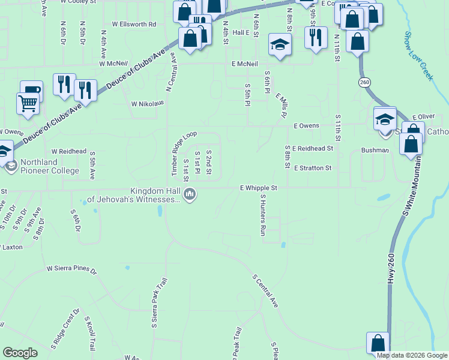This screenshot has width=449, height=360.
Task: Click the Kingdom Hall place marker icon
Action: pyautogui.click(x=190, y=194)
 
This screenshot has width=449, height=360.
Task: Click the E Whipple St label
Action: pyautogui.click(x=259, y=188)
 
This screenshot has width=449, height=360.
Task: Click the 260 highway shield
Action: pyautogui.click(x=364, y=81)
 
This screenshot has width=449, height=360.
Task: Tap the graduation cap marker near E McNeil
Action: pyautogui.click(x=279, y=44)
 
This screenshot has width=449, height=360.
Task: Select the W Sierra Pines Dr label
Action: pyautogui.click(x=71, y=269)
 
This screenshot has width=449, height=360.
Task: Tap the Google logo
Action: pyautogui.click(x=20, y=353)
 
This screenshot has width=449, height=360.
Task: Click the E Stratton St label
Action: pyautogui.click(x=313, y=169)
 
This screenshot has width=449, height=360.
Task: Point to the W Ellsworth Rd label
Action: pyautogui.click(x=129, y=25)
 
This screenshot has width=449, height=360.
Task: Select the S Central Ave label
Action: pyautogui.click(x=265, y=291)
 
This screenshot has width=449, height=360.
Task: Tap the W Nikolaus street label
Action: pyautogui.click(x=148, y=103)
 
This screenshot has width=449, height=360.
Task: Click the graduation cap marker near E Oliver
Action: pyautogui.click(x=385, y=118)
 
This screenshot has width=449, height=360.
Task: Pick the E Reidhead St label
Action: pyautogui.click(x=313, y=148)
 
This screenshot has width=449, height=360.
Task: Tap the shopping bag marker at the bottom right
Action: pyautogui.click(x=378, y=343)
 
